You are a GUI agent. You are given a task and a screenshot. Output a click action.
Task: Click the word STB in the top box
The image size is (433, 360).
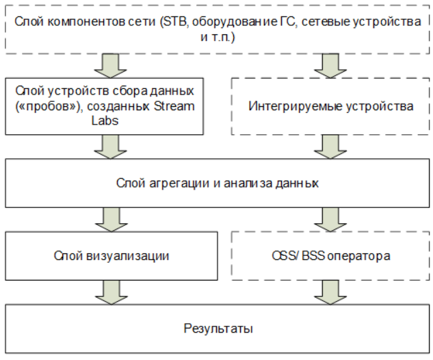point(175,21)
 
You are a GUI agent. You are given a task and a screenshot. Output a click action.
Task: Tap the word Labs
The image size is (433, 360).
point(105,120)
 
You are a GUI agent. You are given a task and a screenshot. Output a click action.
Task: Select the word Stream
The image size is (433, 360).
point(174,106)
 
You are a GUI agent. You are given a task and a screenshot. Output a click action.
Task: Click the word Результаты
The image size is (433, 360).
point(218,329)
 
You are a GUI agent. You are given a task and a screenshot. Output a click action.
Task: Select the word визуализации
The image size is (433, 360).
point(127,256)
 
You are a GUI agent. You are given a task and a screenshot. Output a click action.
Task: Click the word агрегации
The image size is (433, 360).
point(179,183)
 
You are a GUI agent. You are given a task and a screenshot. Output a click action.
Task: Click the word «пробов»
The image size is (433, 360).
point(47,106)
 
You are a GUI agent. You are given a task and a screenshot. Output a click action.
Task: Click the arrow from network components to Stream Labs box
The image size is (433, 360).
point(110,66)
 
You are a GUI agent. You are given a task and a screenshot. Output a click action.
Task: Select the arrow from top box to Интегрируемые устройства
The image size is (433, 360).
point(330,66)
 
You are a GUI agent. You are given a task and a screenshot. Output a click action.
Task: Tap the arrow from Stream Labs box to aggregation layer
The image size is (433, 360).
point(110,146)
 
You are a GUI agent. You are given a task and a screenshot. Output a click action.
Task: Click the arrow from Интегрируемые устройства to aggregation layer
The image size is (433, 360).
point(330,146)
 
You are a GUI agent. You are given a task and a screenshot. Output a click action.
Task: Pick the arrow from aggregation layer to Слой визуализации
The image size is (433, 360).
point(111,220)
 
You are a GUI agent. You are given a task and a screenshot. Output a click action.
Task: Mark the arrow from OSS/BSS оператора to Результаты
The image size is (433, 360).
point(330,292)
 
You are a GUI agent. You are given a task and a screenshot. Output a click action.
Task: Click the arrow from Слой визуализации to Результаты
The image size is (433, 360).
point(111,292)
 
